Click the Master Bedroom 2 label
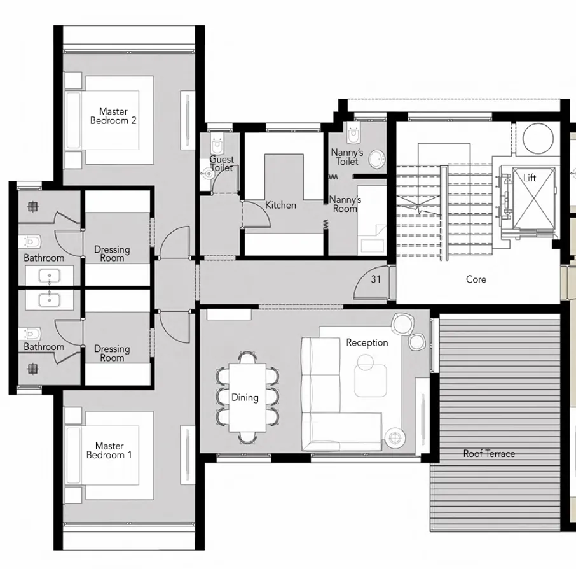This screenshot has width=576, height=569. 113,116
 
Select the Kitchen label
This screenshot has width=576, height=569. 280,205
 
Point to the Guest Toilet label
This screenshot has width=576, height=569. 222,164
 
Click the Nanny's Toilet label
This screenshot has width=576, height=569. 347,157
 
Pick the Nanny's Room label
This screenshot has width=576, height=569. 345,204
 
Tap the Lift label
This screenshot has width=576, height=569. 530,178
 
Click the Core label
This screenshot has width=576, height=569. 476,279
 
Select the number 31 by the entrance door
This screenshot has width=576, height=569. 376,279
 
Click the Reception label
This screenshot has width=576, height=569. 367,342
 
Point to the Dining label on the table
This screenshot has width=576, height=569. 245,397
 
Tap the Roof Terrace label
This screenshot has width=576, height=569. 488,453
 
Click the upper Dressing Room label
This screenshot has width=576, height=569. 112,254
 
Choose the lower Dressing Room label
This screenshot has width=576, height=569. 112,353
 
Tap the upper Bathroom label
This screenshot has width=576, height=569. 44,258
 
